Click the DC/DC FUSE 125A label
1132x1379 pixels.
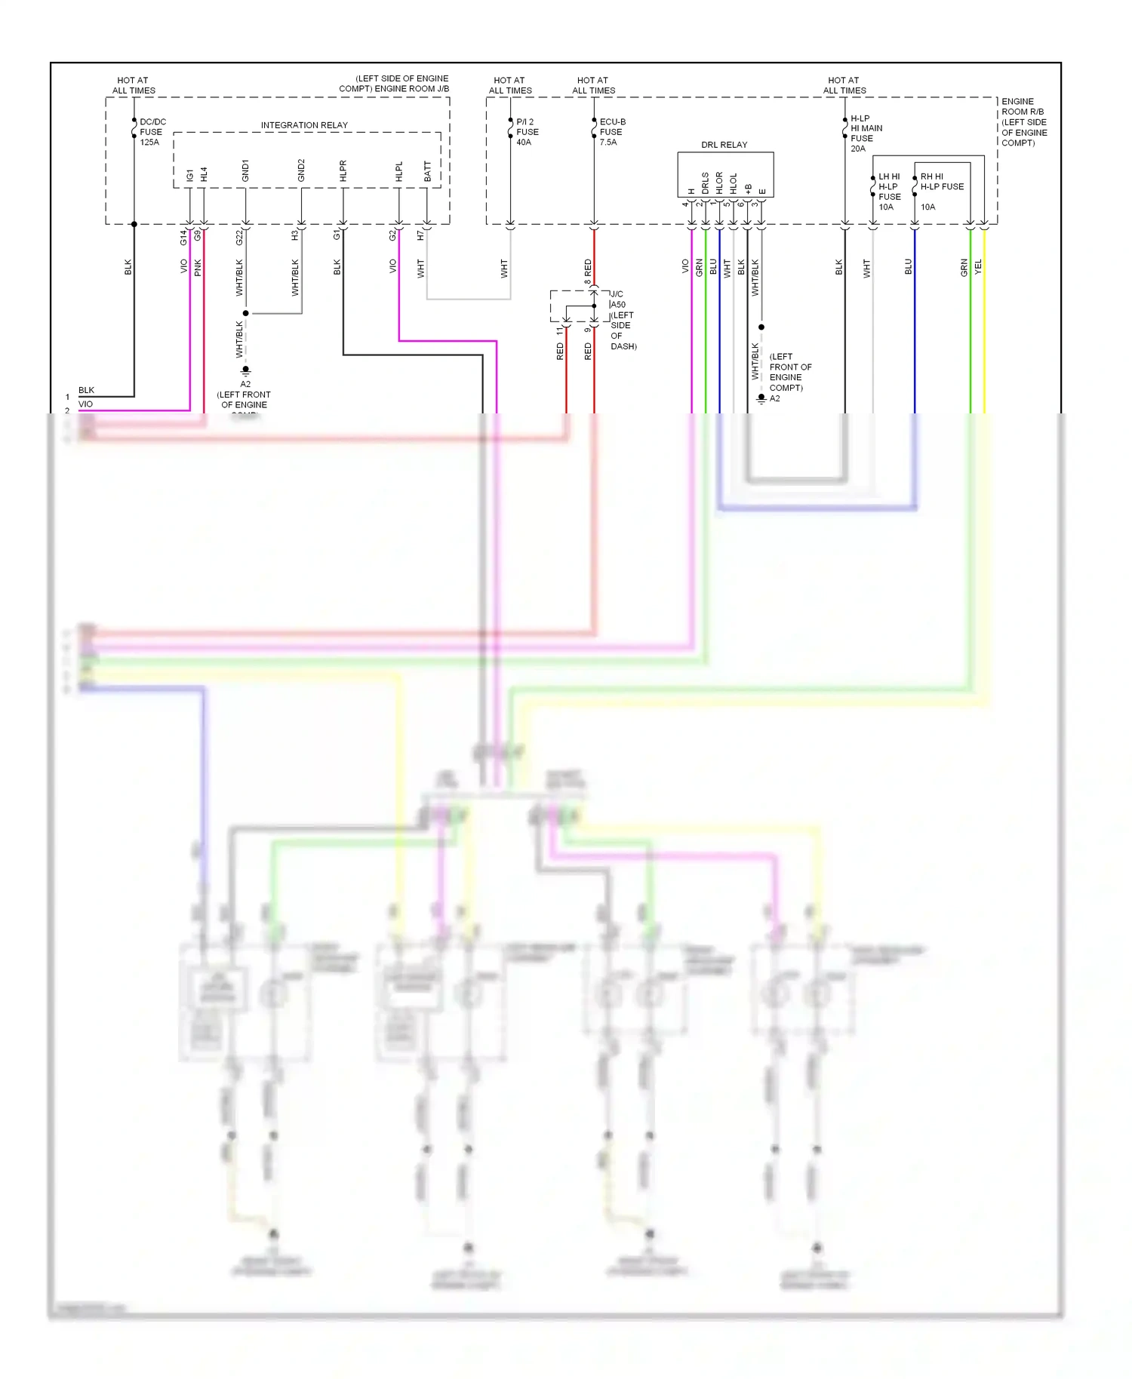[x=152, y=132]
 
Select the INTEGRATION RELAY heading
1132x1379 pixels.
[x=304, y=125]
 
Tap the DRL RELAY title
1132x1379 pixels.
[x=724, y=145]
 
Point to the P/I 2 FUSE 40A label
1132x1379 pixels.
[x=527, y=132]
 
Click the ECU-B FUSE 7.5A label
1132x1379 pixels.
[x=611, y=132]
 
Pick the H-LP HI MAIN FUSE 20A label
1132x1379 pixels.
[x=865, y=134]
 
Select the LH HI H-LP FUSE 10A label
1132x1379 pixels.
[x=888, y=192]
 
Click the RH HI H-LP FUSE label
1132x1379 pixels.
[x=941, y=182]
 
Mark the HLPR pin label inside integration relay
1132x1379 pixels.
[x=343, y=171]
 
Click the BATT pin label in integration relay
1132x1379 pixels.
[x=428, y=172]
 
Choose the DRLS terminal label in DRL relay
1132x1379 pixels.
[x=706, y=183]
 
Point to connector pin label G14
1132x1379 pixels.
[x=183, y=238]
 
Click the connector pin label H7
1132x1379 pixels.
[x=420, y=235]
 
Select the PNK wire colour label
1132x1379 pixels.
[x=198, y=267]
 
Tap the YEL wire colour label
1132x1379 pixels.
[x=978, y=266]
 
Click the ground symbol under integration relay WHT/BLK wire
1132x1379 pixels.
[x=245, y=371]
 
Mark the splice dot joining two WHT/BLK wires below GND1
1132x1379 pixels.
[x=245, y=313]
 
